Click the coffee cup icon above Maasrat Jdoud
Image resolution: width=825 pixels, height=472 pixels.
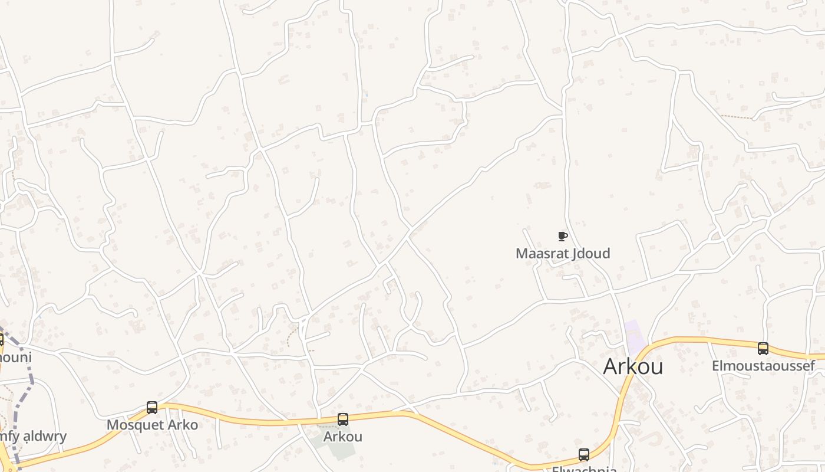(x=563, y=237)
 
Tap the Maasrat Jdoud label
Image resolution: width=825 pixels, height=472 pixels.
(x=563, y=254)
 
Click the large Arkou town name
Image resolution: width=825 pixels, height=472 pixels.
(x=633, y=366)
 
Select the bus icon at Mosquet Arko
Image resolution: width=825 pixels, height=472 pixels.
(x=152, y=408)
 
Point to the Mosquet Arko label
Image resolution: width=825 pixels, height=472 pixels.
(x=152, y=425)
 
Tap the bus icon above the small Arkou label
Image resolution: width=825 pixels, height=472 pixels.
(x=343, y=419)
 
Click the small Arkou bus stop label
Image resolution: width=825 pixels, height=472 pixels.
(x=342, y=437)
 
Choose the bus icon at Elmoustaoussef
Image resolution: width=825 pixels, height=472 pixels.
(x=763, y=349)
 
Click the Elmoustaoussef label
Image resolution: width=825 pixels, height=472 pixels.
(x=763, y=366)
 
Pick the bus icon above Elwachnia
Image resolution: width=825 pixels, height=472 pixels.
(x=584, y=455)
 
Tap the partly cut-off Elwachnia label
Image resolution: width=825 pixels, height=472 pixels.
(x=584, y=469)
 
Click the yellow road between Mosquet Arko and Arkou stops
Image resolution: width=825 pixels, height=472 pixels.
(x=247, y=420)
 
